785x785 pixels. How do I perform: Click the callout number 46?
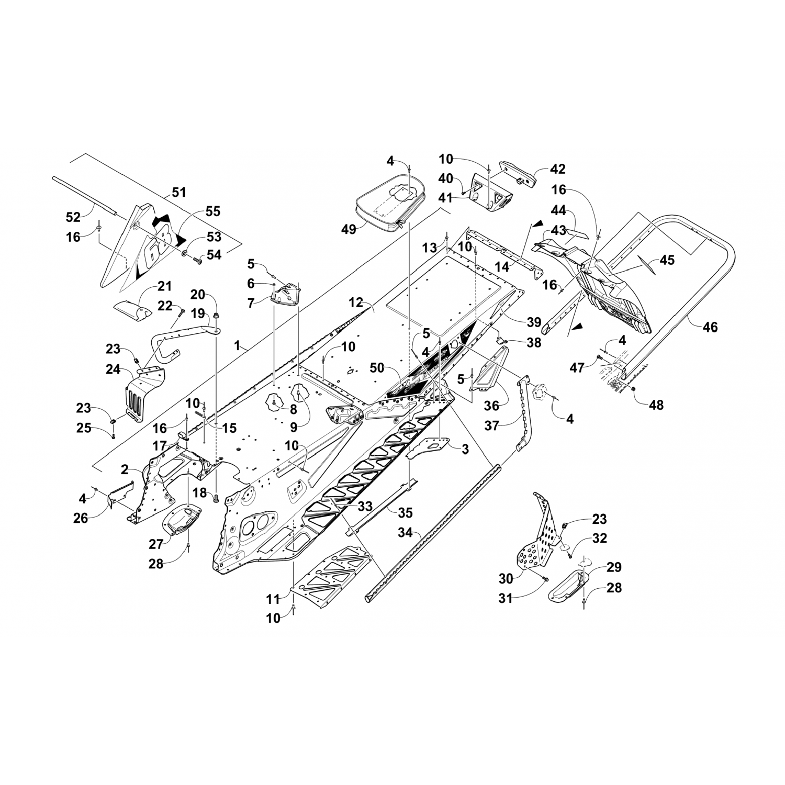pyautogui.click(x=710, y=327)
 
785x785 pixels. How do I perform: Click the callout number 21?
pyautogui.click(x=164, y=286)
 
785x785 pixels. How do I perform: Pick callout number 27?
pyautogui.click(x=156, y=545)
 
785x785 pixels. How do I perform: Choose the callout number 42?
pyautogui.click(x=558, y=169)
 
